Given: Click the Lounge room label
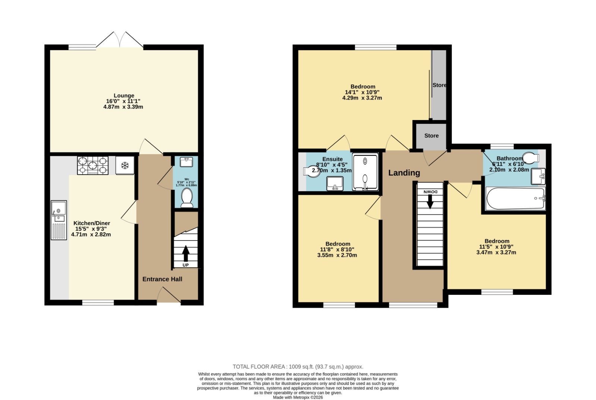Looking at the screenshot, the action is click(124, 95).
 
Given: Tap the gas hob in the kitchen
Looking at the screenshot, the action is click(93, 166).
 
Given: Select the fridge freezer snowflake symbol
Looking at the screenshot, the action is click(124, 166).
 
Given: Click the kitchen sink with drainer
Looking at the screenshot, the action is click(59, 220).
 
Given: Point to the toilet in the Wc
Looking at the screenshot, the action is click(187, 198).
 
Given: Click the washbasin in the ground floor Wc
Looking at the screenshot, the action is click(186, 162).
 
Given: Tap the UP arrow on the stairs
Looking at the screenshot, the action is click(186, 253).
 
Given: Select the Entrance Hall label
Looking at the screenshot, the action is click(162, 279).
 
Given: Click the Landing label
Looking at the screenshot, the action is click(404, 173).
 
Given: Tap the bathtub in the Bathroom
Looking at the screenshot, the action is click(516, 199).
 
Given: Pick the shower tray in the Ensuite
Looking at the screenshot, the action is click(365, 171).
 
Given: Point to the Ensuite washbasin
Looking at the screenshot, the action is click(335, 184).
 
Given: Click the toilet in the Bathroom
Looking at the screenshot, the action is click(531, 157).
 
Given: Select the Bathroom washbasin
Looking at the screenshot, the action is click(538, 176).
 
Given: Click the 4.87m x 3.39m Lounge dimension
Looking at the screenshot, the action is click(123, 107).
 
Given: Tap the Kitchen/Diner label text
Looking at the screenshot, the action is click(92, 223).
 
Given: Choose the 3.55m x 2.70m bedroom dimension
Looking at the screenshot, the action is click(337, 255).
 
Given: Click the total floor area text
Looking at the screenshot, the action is click(298, 367).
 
